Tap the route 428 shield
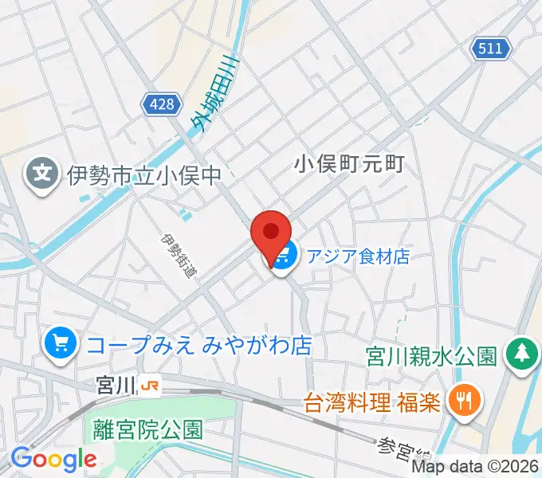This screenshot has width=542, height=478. tap(159, 101)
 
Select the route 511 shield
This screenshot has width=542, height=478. tap(489, 49)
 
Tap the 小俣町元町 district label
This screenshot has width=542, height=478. tap(350, 164)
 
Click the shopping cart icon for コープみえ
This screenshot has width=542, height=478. tap(61, 344)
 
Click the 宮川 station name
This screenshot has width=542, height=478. tap(115, 386)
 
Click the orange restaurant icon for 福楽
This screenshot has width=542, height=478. tap(461, 399)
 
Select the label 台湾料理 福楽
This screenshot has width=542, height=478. tap(372, 400)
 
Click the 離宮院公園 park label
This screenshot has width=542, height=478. tap(147, 430)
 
